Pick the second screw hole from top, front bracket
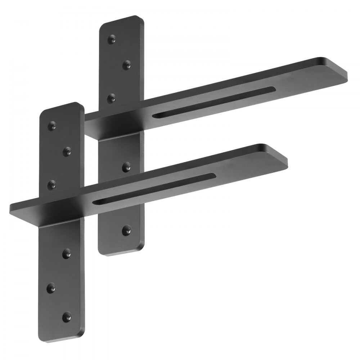(67, 152)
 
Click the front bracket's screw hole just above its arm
(53, 185)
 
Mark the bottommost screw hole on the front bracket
(67, 316)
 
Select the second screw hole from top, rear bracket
(126, 65)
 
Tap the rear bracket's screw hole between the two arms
(126, 167)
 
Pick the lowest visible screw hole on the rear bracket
(126, 230)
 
